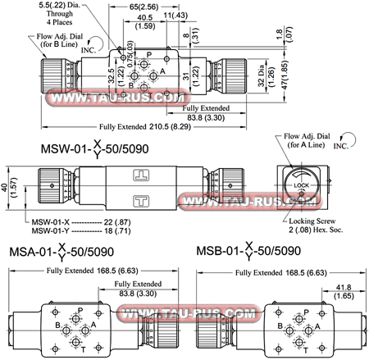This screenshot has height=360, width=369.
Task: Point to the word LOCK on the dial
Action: click(x=300, y=186)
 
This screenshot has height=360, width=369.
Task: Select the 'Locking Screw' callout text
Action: click(x=316, y=221)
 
